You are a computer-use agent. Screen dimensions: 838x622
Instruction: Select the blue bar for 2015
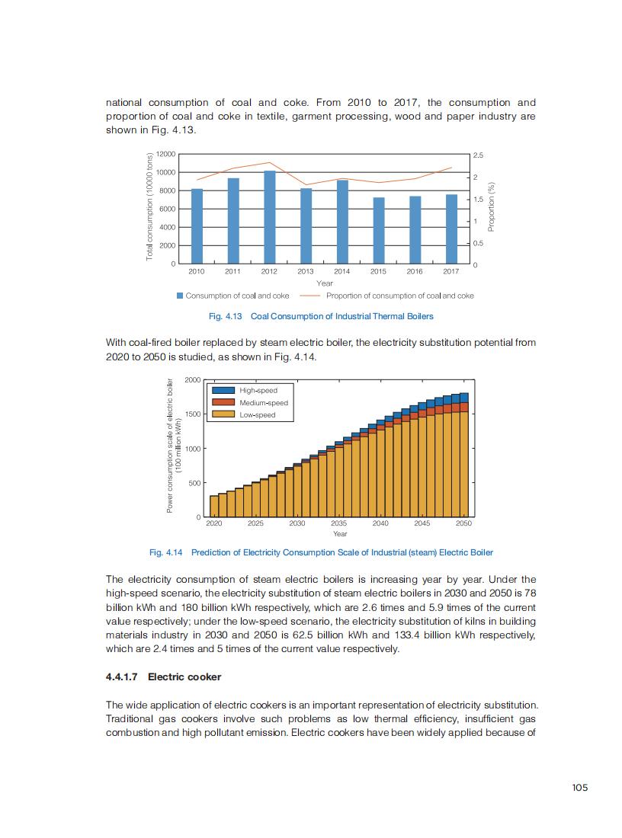[379, 230]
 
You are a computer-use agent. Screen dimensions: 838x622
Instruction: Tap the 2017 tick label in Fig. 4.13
[450, 271]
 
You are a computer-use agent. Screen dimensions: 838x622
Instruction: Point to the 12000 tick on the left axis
[167, 154]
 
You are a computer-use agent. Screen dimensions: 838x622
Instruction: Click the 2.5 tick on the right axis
[478, 155]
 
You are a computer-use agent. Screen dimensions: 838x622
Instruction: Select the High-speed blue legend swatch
[223, 390]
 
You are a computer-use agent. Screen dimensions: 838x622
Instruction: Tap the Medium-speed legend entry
[263, 402]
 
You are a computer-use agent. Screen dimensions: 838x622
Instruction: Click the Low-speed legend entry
[257, 414]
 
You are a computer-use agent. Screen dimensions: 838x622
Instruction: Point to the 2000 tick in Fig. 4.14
[193, 379]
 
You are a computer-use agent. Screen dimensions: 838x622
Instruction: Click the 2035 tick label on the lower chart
[338, 523]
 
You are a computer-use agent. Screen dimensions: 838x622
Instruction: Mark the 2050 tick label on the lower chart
[463, 523]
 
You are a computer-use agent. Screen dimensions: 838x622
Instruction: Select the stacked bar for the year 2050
[463, 457]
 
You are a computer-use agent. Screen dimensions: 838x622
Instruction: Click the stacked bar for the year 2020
[214, 507]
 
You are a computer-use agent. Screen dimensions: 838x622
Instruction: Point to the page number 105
[579, 788]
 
